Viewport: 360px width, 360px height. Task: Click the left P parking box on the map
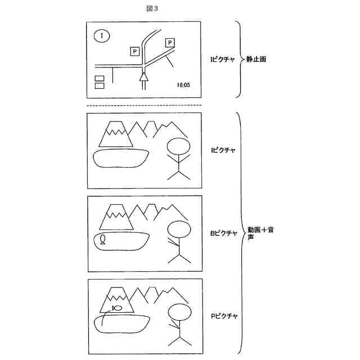click(x=134, y=52)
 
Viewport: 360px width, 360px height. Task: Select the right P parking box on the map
click(x=170, y=43)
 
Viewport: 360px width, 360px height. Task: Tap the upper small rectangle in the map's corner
click(x=100, y=78)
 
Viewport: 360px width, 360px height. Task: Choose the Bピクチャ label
click(x=223, y=233)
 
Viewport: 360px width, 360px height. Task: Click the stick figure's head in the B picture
click(x=179, y=231)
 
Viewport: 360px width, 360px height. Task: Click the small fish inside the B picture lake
click(x=102, y=240)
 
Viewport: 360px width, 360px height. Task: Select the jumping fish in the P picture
click(x=116, y=308)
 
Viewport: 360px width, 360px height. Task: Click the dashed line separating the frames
click(x=145, y=105)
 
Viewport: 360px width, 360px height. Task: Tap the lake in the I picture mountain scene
click(x=120, y=158)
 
